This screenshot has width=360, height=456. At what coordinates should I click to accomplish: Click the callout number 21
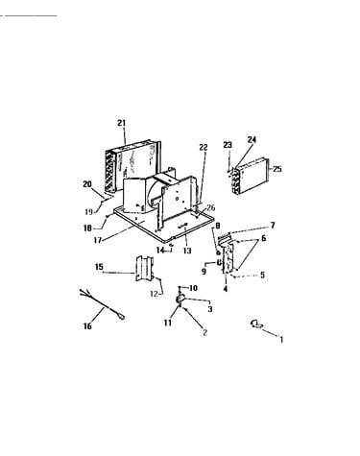[x=121, y=123]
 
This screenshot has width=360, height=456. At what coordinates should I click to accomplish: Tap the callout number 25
[x=277, y=169]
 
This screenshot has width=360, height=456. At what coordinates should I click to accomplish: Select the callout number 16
[x=87, y=326]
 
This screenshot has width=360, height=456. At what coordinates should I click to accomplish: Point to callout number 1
[x=281, y=339]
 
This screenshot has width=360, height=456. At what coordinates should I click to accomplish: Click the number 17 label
[x=98, y=240]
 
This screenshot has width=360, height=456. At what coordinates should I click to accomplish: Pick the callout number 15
[x=99, y=267]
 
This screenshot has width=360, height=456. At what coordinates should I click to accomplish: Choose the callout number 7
[x=273, y=226]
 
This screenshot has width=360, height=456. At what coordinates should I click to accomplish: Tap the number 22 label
[x=204, y=147]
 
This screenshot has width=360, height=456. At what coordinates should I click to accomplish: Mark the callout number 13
[x=187, y=251]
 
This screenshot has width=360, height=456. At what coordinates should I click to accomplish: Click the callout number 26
[x=211, y=207]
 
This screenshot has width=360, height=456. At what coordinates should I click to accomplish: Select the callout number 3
[x=210, y=309]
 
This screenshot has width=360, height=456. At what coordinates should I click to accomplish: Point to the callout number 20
[x=87, y=184]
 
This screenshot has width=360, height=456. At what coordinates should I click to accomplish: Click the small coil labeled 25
[x=251, y=176]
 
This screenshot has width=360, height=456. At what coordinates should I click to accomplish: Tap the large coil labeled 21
[x=132, y=166]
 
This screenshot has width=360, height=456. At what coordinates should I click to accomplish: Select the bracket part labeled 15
[x=145, y=268]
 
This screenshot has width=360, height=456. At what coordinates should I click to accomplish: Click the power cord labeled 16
[x=102, y=304]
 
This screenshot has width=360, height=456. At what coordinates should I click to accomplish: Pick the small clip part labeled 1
[x=256, y=324]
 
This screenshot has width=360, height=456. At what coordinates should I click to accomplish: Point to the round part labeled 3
[x=180, y=299]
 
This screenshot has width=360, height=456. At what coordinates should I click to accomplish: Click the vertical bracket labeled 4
[x=229, y=257]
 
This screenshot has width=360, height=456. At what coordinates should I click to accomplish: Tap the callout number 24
[x=252, y=139]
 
